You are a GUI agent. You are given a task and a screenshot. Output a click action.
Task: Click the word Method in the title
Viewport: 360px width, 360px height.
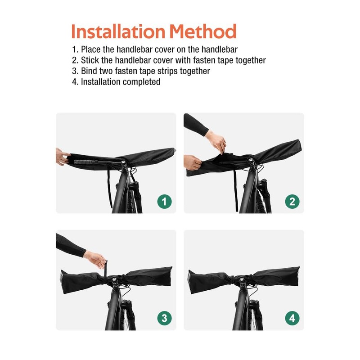[202, 31]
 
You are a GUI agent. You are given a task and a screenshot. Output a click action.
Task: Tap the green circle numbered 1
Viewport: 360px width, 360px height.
[164, 202]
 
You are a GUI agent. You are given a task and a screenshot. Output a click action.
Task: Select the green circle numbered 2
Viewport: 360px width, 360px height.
[292, 202]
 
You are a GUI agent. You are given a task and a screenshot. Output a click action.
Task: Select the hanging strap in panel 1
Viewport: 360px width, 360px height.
[109, 189]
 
